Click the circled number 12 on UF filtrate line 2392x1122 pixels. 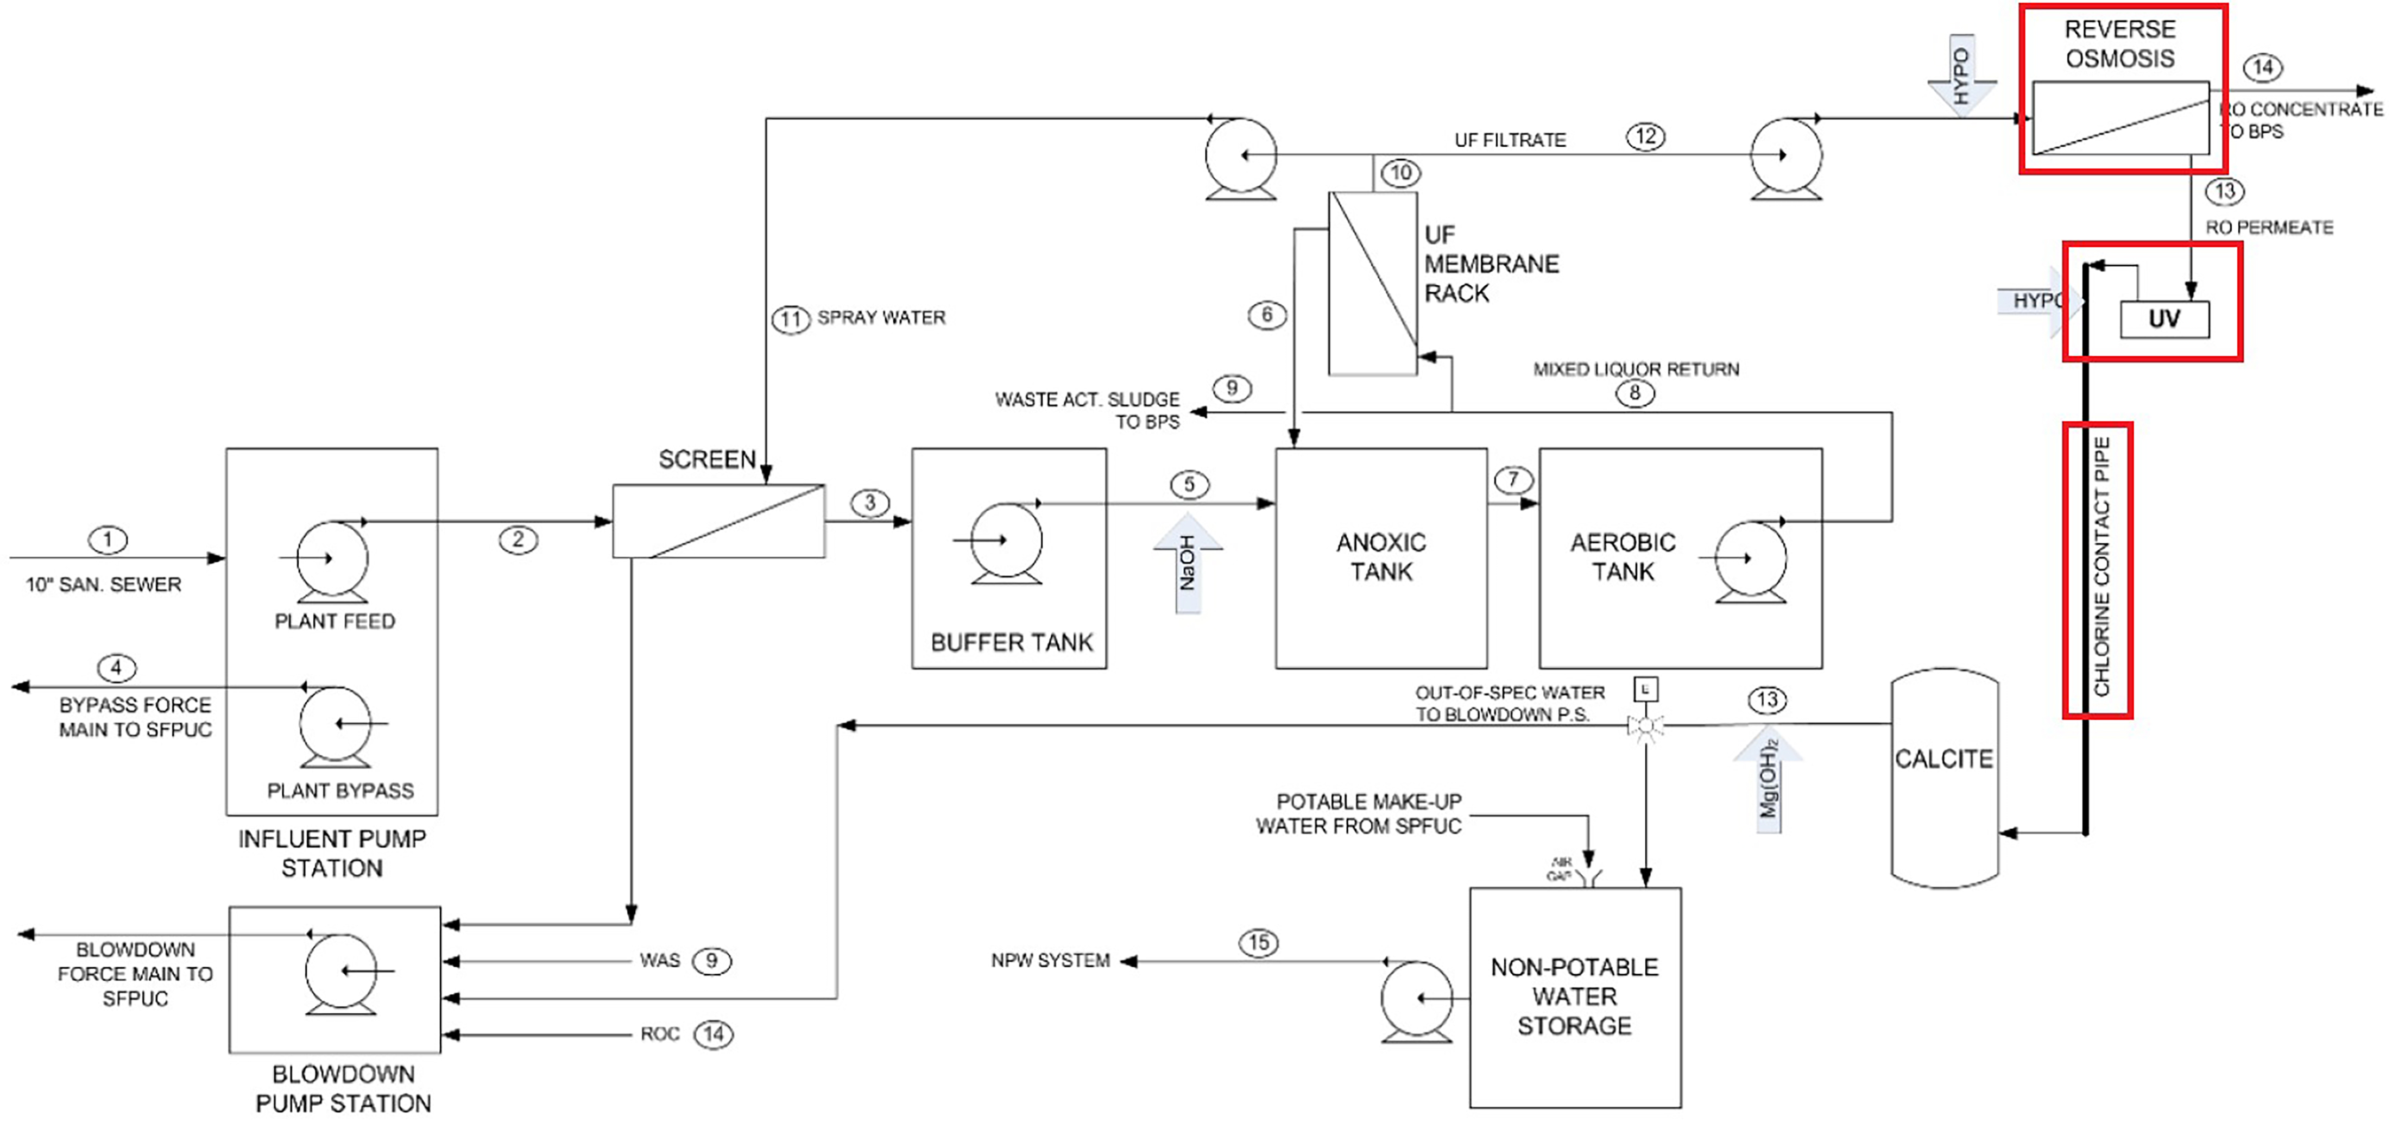[x=1645, y=136]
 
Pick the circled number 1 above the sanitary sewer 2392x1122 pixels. [x=108, y=540]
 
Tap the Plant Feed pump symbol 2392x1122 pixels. [x=331, y=558]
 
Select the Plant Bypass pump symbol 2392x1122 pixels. [x=335, y=724]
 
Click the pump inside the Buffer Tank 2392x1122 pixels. [x=1006, y=541]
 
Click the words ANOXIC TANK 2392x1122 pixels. [x=1381, y=557]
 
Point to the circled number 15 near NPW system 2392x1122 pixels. [x=1258, y=943]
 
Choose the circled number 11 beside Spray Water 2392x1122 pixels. [x=790, y=319]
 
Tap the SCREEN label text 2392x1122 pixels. [x=706, y=460]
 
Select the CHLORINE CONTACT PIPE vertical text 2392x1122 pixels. [x=2100, y=567]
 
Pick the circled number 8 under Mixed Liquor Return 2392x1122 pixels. [x=1634, y=393]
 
